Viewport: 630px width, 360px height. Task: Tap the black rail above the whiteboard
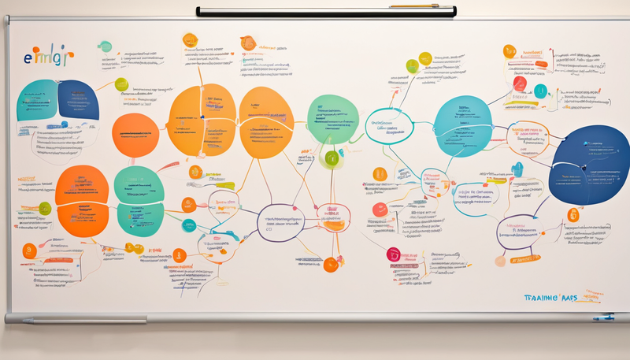tap(315, 12)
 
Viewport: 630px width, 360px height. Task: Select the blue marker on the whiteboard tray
tap(602, 317)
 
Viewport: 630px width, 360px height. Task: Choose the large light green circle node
tap(333, 120)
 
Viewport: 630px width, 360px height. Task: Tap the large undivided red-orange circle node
tap(135, 135)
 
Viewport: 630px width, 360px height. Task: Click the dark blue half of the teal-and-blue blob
tap(78, 101)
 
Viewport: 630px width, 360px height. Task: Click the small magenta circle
tap(393, 253)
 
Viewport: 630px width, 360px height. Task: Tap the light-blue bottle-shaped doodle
tap(518, 169)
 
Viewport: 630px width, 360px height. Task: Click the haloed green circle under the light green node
tap(332, 158)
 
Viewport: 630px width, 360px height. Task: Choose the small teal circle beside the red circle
tap(539, 91)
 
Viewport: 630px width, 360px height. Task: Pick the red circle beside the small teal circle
tap(520, 83)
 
